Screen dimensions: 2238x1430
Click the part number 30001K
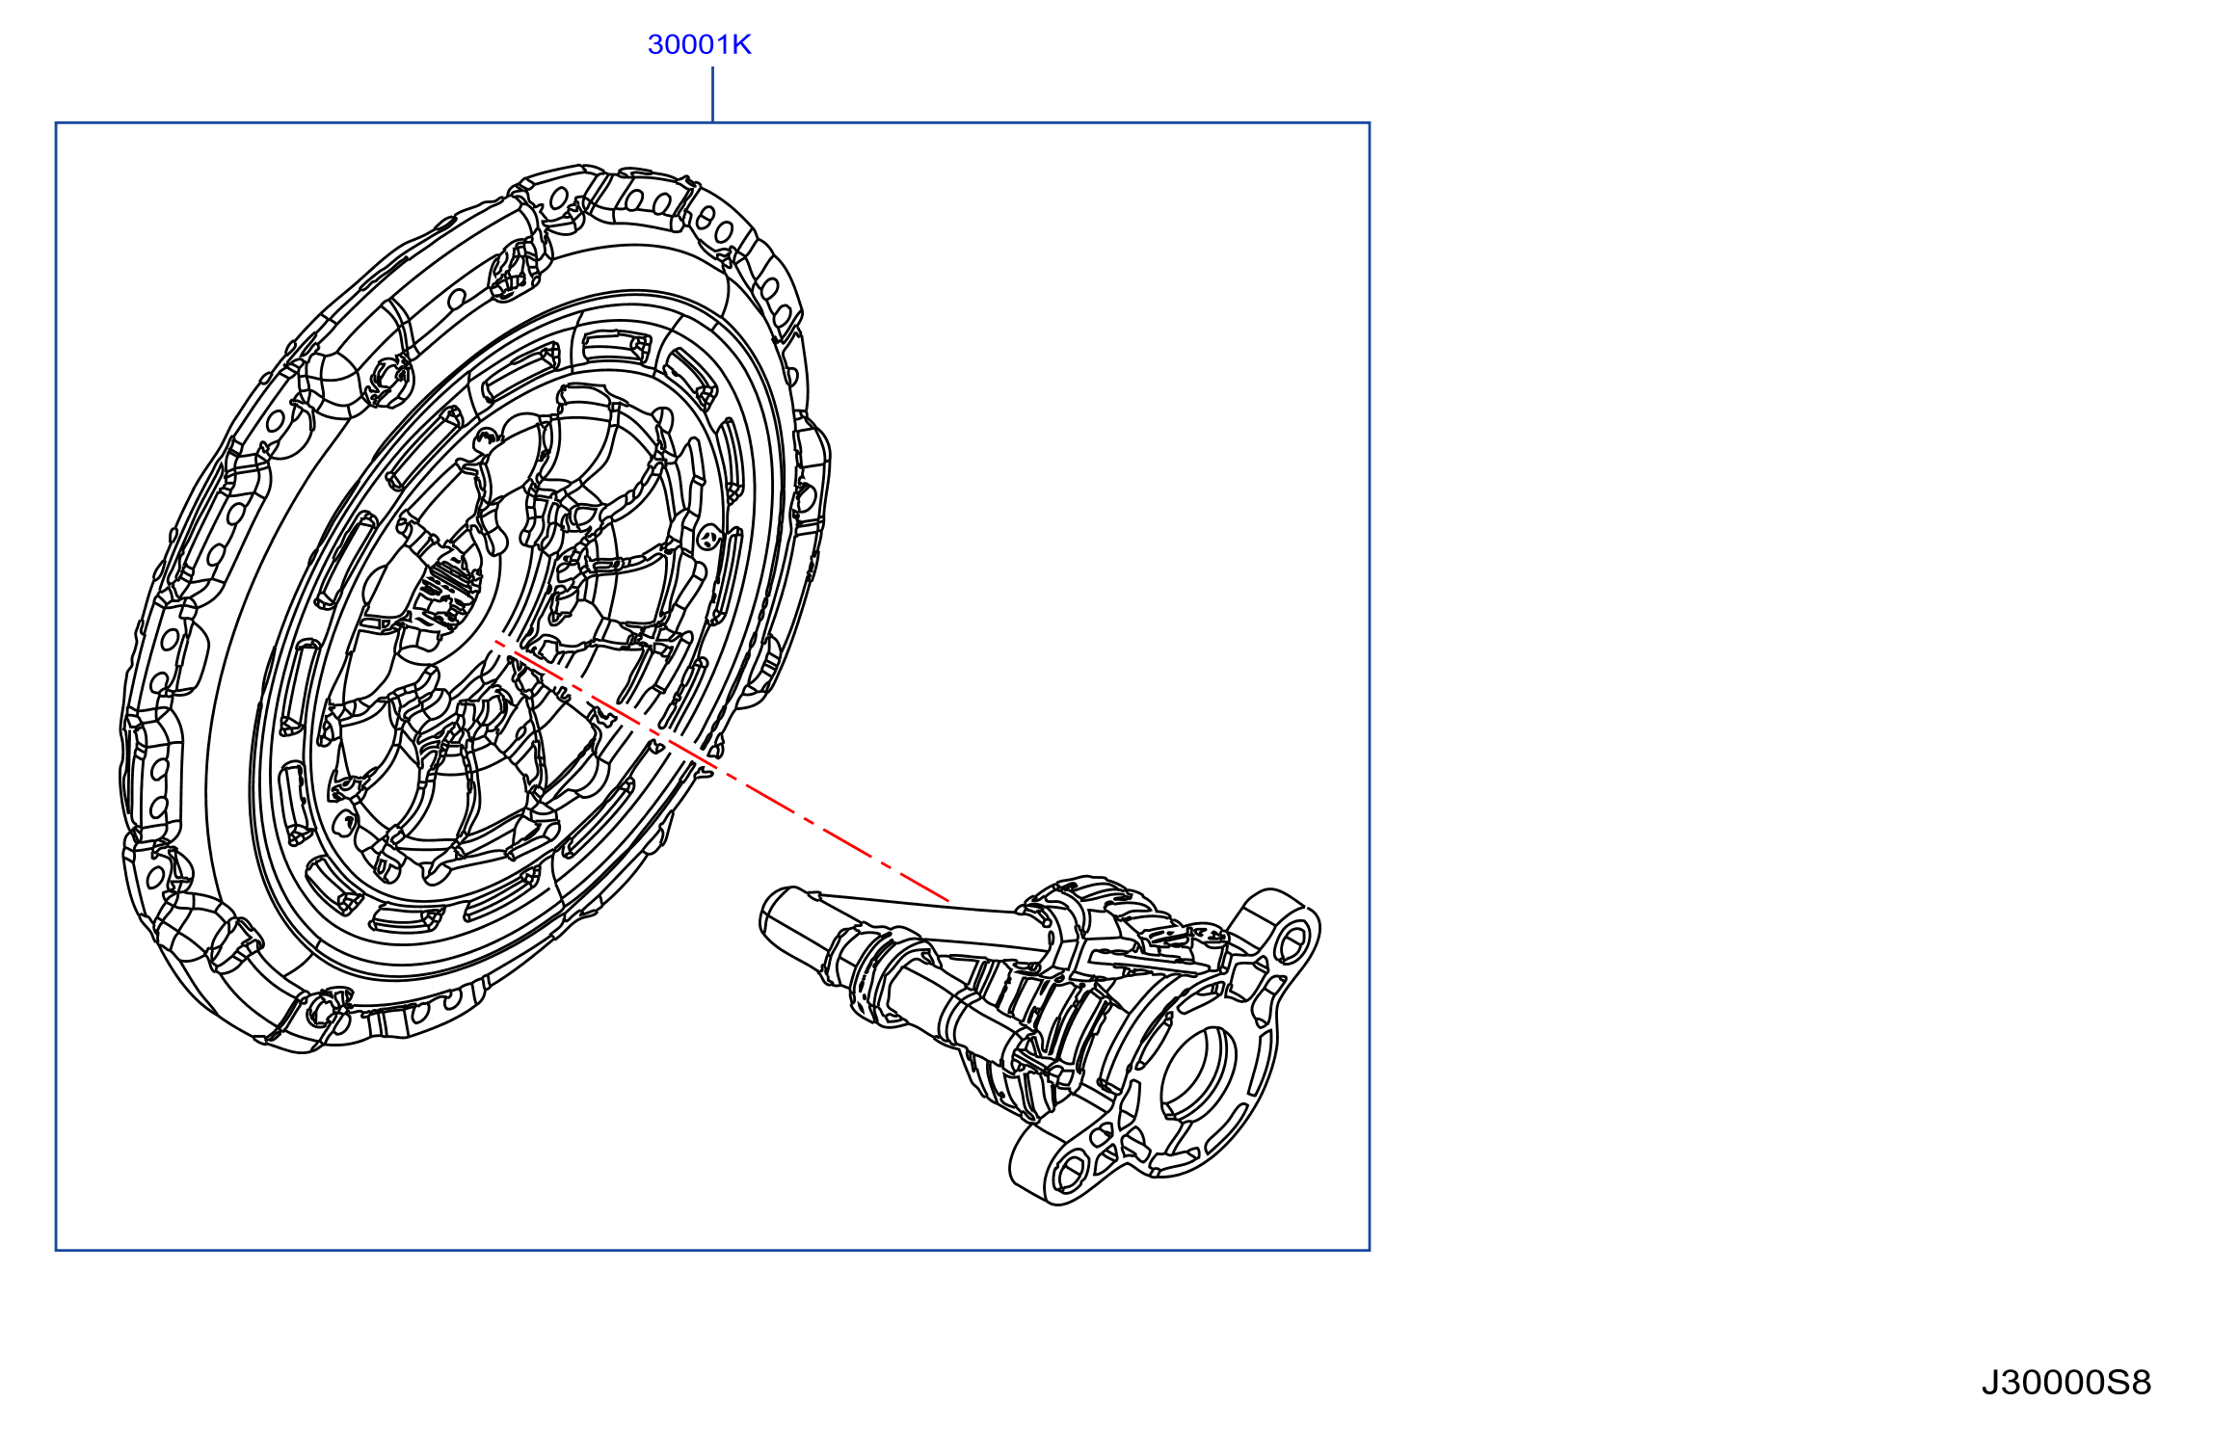[x=699, y=44]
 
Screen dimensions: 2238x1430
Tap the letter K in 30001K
[x=741, y=44]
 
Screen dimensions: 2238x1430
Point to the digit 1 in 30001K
[x=722, y=44]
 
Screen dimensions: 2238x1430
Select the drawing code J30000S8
[x=2065, y=1383]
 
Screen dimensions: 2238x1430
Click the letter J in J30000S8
[x=1990, y=1383]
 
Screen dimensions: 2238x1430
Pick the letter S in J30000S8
[x=2118, y=1383]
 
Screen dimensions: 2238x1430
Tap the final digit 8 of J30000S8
[x=2141, y=1383]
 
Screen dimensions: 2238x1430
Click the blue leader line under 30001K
[x=712, y=94]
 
